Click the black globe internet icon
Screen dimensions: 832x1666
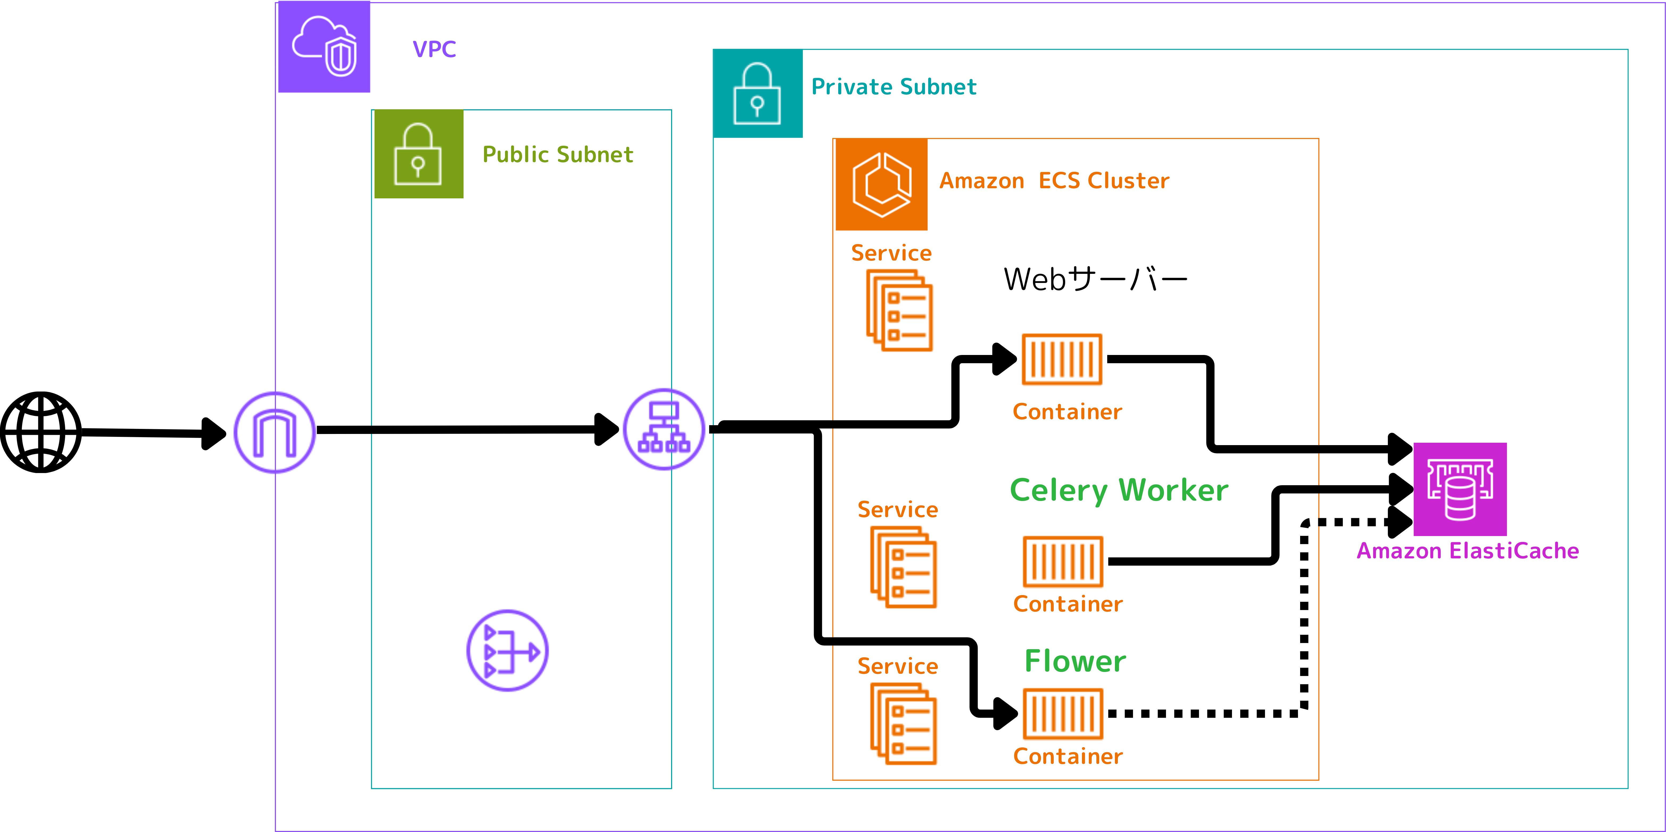(x=41, y=432)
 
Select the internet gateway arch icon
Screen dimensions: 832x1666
(x=274, y=432)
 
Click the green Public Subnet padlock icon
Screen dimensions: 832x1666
(x=419, y=154)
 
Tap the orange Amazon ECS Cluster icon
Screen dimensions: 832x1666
(x=882, y=184)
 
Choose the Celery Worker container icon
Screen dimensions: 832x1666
(x=1063, y=561)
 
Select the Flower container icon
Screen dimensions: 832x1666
(x=1063, y=714)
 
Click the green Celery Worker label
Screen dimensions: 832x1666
(x=1119, y=490)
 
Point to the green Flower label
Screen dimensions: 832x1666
(x=1075, y=661)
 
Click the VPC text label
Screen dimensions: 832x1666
(x=434, y=49)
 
